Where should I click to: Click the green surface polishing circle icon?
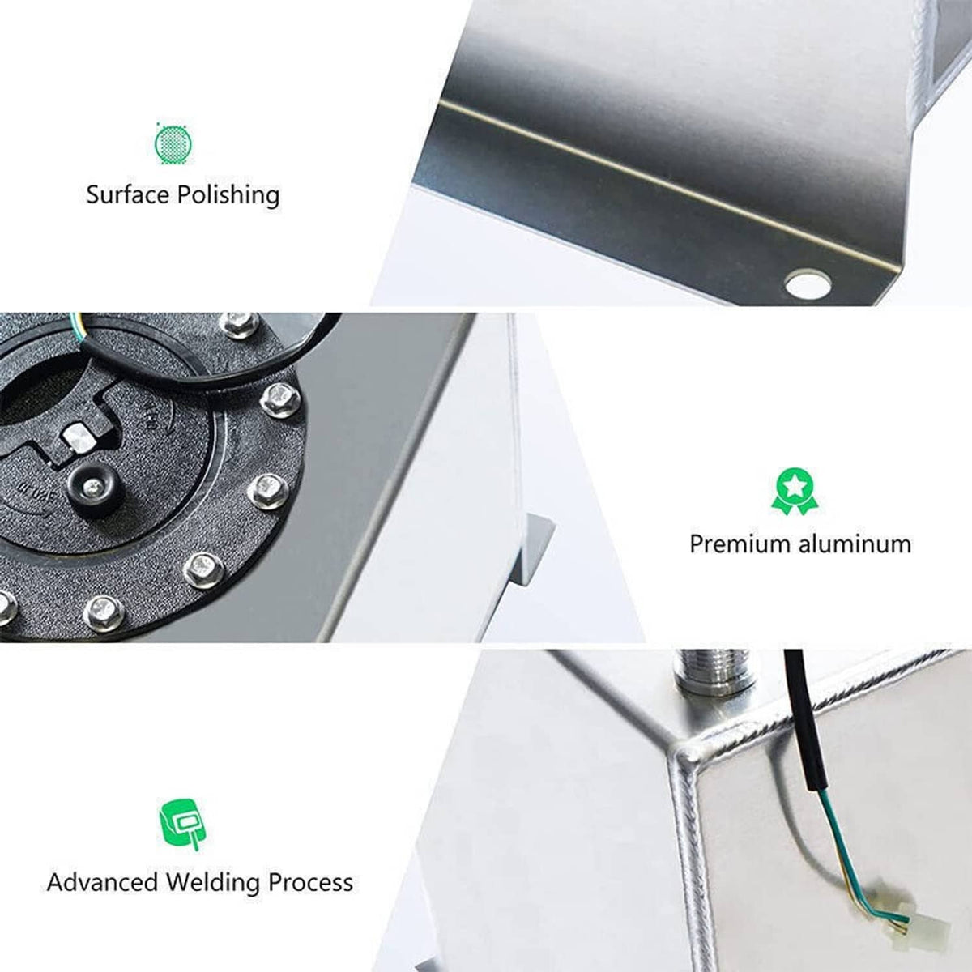pyautogui.click(x=173, y=143)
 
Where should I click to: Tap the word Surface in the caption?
pyautogui.click(x=128, y=194)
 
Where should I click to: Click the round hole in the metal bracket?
pyautogui.click(x=808, y=284)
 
